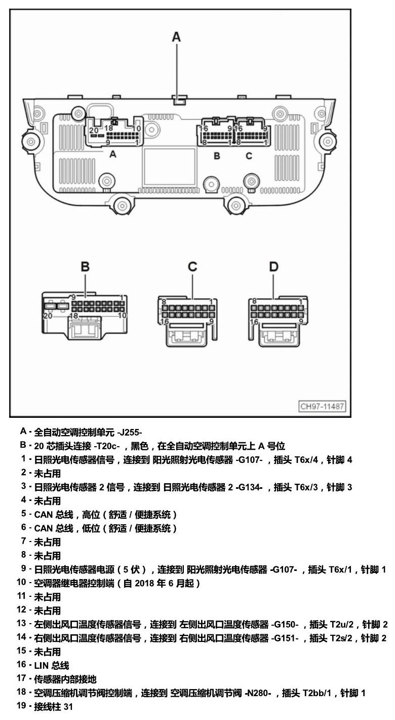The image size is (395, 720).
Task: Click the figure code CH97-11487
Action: coord(323,406)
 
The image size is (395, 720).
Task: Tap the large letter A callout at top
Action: coord(176,38)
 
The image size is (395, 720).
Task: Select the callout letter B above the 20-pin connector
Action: coord(85,267)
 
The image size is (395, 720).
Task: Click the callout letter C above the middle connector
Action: coord(192,267)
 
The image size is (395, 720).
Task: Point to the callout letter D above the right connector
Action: coord(273,267)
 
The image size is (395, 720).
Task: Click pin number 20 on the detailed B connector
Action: coord(48,316)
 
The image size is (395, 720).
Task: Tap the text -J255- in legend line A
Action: coord(130,433)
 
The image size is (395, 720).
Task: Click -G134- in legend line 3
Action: coord(249,487)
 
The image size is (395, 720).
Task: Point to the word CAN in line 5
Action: coord(44,515)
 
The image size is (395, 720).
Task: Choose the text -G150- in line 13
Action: coord(285,625)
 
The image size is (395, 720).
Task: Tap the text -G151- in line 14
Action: coord(285,638)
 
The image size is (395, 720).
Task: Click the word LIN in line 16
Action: coord(41,665)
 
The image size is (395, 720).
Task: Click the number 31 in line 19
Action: coord(68,706)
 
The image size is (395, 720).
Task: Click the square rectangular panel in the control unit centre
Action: coord(169,166)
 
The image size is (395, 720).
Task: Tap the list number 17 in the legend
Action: coord(21,679)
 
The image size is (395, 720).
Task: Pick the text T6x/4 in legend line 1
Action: coord(306,460)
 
